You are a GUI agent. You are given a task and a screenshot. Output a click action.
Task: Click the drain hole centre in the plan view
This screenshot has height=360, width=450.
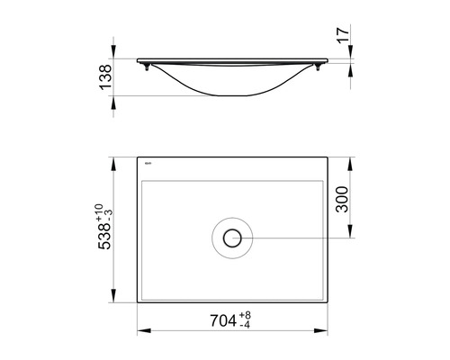click(233, 238)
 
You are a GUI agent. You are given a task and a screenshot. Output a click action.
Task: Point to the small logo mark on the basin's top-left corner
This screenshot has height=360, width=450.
click(148, 164)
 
